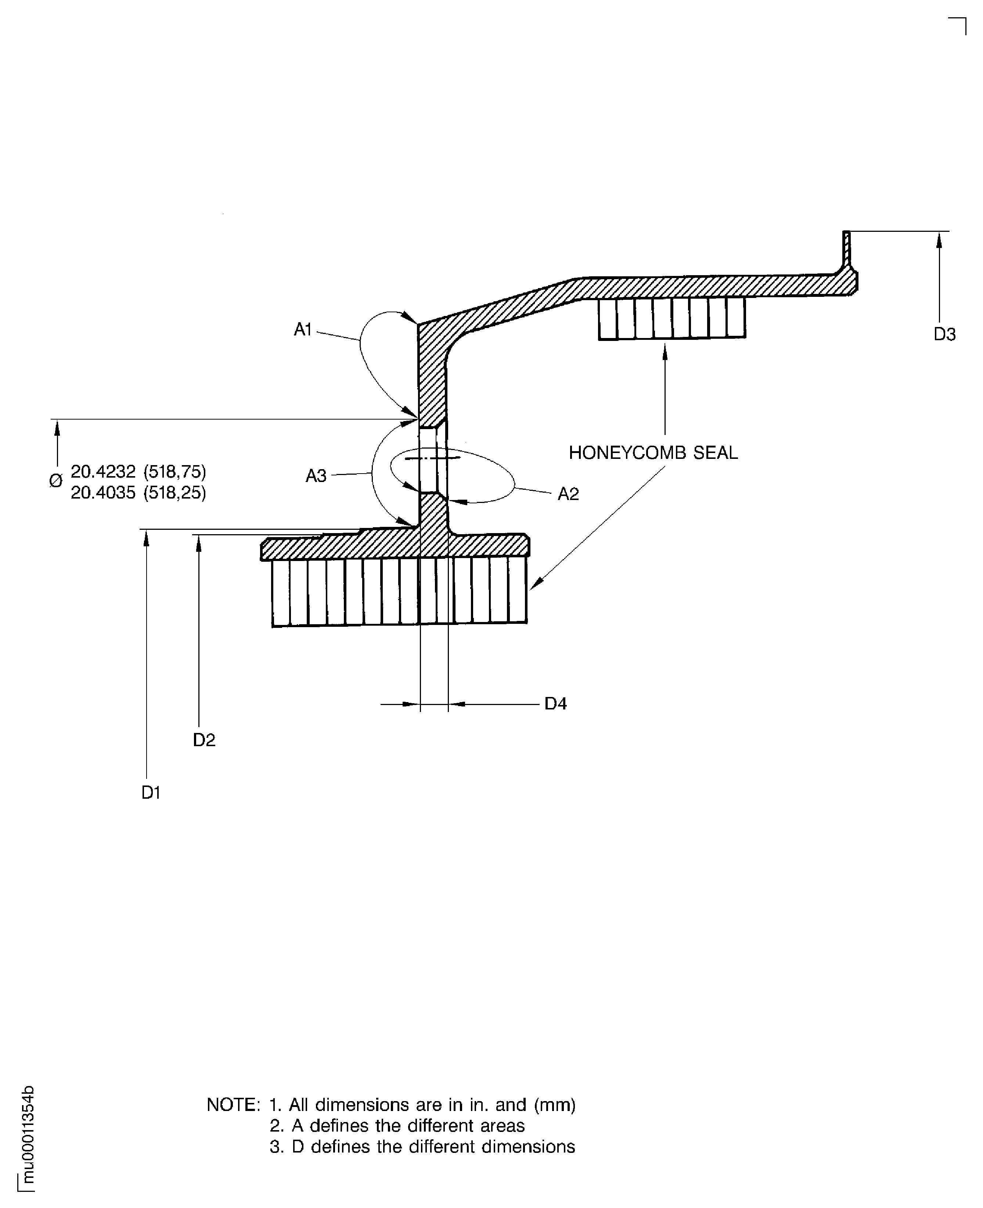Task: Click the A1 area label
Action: (x=303, y=329)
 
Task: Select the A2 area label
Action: (x=568, y=495)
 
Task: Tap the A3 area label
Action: (x=316, y=476)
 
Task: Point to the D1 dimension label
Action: (x=151, y=792)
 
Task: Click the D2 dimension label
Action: (x=204, y=740)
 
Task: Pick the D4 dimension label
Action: (x=555, y=704)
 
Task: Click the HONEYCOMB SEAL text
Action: (x=653, y=453)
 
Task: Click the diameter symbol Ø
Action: (x=55, y=481)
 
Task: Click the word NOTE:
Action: (x=233, y=1104)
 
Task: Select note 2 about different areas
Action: (x=397, y=1125)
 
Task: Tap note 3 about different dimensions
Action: (x=422, y=1146)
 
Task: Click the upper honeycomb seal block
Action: (x=671, y=318)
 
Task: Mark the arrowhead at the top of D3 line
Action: (x=939, y=240)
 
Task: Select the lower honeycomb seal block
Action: (x=399, y=592)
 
